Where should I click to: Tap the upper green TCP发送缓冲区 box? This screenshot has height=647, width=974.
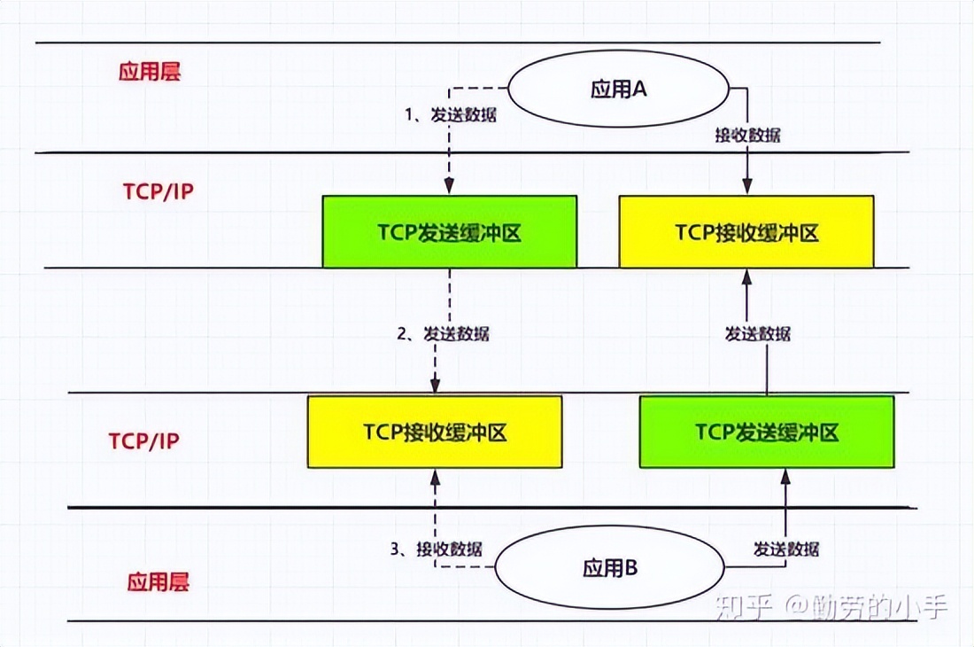tap(449, 232)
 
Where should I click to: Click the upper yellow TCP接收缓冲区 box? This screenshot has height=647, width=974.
tap(746, 232)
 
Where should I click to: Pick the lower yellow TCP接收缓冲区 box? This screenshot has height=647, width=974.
tap(435, 432)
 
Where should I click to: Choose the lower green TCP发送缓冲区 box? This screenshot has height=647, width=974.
tap(767, 432)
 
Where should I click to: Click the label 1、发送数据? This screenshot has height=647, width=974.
tap(450, 114)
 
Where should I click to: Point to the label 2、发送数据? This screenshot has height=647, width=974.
tap(442, 334)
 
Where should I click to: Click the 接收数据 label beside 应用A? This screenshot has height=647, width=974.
tap(747, 135)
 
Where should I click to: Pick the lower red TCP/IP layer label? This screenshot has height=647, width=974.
tap(143, 440)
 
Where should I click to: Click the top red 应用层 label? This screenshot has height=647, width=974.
tap(150, 72)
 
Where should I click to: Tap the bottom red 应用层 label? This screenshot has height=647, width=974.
tap(158, 581)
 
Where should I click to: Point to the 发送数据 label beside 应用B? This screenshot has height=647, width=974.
tap(786, 548)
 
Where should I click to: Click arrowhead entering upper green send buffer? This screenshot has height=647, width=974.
tap(449, 188)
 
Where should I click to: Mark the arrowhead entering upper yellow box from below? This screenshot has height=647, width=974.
tap(746, 276)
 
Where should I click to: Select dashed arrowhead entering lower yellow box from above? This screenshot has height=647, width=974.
tap(435, 387)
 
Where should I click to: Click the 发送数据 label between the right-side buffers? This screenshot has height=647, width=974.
tap(757, 334)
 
